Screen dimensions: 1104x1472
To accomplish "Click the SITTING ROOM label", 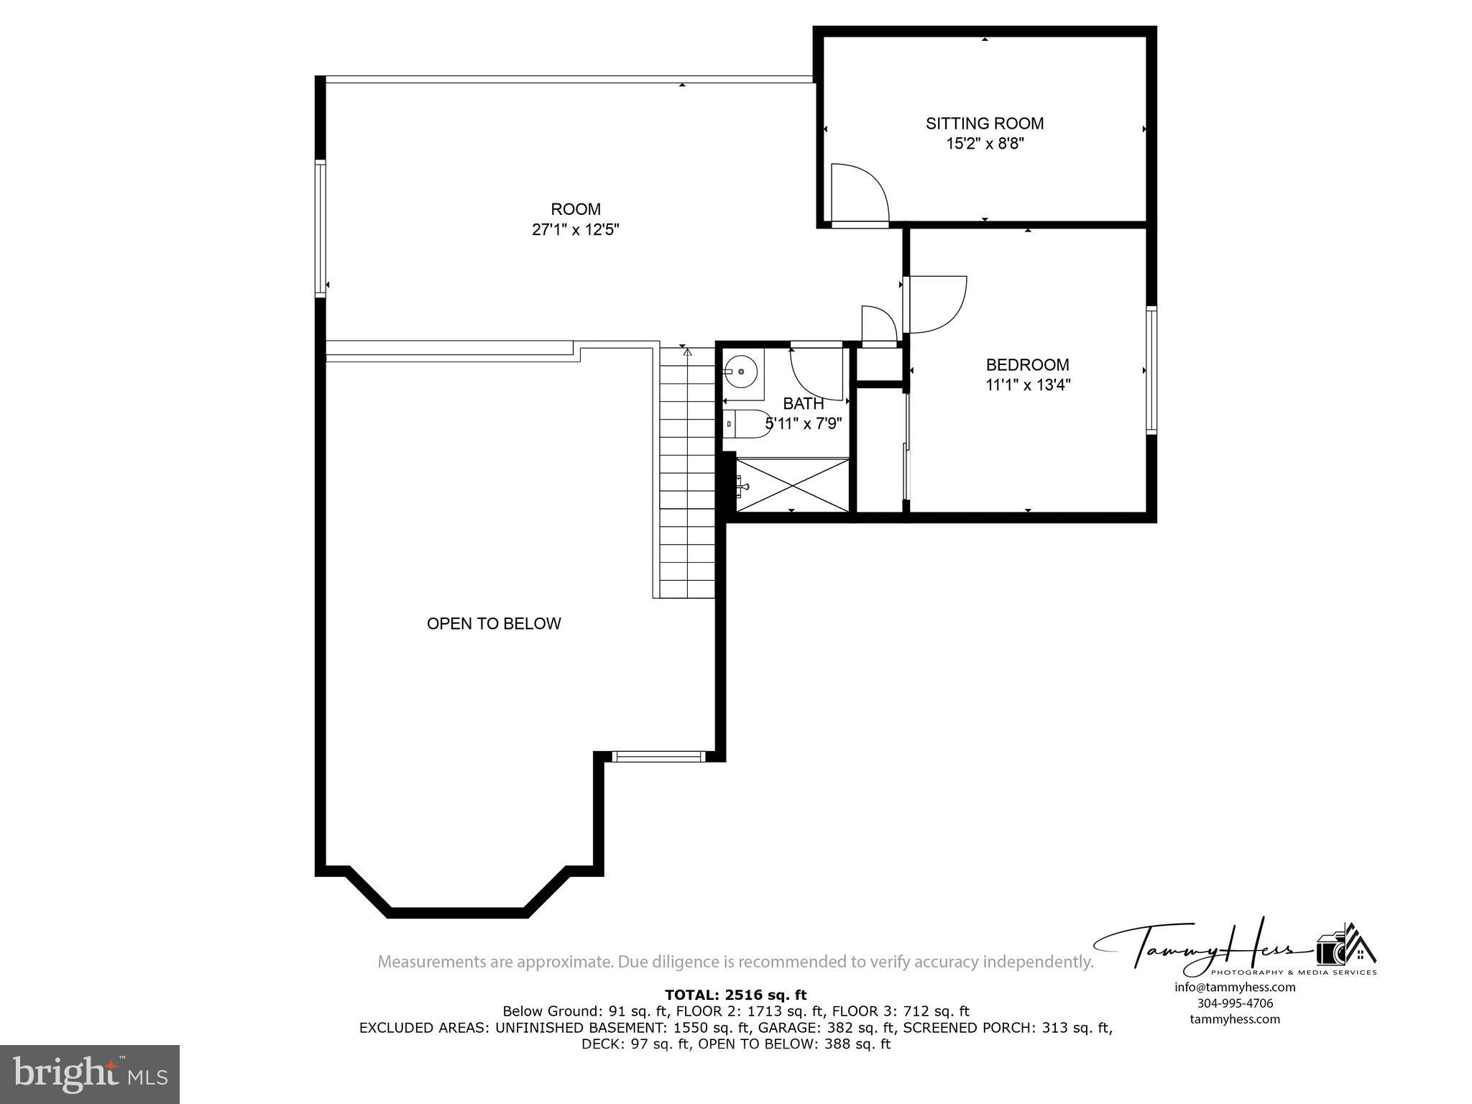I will tap(984, 124).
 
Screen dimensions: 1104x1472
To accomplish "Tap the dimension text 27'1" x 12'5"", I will tap(575, 230).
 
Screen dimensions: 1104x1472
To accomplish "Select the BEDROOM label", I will tap(1027, 364).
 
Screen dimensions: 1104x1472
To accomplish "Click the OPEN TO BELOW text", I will tap(494, 624).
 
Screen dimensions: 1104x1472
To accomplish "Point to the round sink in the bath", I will tap(740, 372).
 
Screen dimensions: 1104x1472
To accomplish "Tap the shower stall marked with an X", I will tap(793, 485).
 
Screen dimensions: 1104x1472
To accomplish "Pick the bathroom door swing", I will tap(816, 374).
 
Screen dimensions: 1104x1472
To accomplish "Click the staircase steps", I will tap(687, 474).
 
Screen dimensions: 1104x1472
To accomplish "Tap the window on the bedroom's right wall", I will tap(1151, 370).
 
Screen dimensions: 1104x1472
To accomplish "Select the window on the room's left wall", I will tap(321, 229).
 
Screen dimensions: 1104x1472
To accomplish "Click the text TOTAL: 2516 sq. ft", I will tap(735, 995).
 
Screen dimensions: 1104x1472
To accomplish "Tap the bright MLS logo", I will tap(90, 1074).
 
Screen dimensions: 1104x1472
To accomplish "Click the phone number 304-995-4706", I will tap(1234, 1003).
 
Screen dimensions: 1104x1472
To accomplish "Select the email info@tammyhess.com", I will tap(1234, 987).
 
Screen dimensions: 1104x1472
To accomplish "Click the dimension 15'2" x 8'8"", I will tap(984, 144).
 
